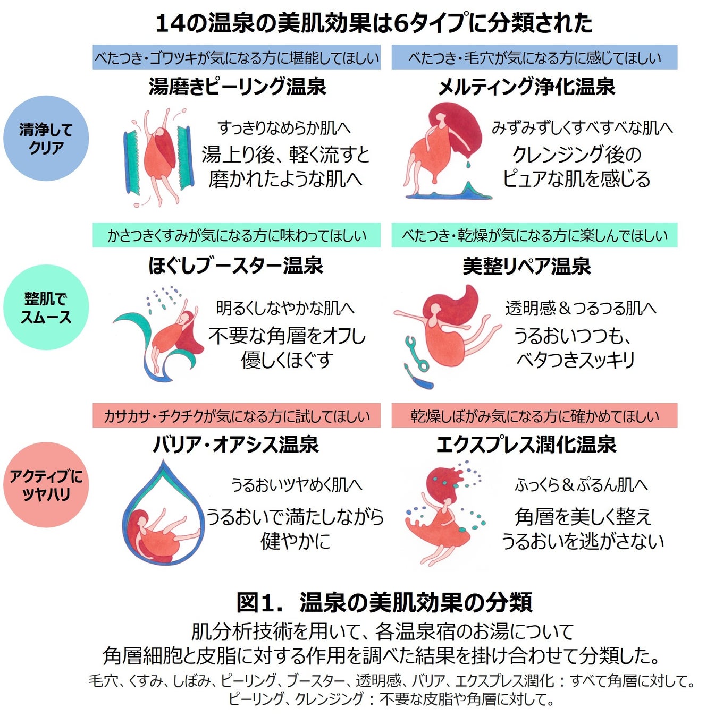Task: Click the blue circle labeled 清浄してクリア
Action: [x=46, y=138]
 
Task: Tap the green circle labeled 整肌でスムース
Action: [x=46, y=308]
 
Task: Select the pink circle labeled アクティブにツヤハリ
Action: [x=46, y=484]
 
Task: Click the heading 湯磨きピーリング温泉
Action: [x=237, y=87]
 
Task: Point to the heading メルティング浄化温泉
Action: [x=526, y=87]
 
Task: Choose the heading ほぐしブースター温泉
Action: [x=236, y=266]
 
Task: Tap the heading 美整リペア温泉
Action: [x=526, y=266]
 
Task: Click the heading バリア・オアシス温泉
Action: [x=236, y=445]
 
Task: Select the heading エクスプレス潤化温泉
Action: [x=526, y=445]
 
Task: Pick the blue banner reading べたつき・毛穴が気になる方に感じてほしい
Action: [x=534, y=57]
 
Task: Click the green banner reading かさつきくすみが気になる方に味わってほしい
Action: [x=237, y=235]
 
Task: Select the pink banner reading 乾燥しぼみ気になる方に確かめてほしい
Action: [x=534, y=415]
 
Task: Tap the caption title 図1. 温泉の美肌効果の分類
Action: [x=384, y=602]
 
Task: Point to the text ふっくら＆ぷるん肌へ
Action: [x=581, y=485]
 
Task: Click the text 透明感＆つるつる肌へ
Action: [x=581, y=308]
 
